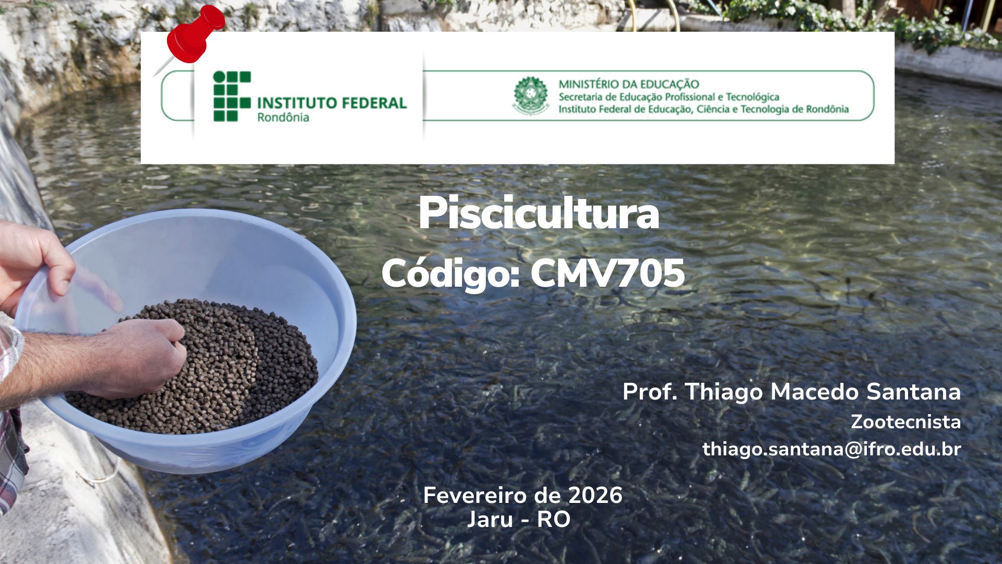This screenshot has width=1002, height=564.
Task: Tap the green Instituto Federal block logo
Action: (x=232, y=97)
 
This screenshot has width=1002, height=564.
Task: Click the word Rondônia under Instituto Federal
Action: (x=283, y=118)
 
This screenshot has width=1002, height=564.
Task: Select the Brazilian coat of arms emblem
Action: (x=531, y=96)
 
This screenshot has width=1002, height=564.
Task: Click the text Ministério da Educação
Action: (x=629, y=84)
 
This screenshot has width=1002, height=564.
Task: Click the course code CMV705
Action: (x=607, y=273)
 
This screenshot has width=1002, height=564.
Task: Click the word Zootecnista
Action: (x=906, y=422)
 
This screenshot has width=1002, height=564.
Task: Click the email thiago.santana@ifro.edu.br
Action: (x=832, y=449)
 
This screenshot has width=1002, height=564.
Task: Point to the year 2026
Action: (x=595, y=495)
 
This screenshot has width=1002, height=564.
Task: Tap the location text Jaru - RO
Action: (x=519, y=520)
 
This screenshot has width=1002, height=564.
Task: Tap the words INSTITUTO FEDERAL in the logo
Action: (x=332, y=103)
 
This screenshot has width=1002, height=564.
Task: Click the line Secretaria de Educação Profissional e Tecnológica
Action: (x=669, y=97)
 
